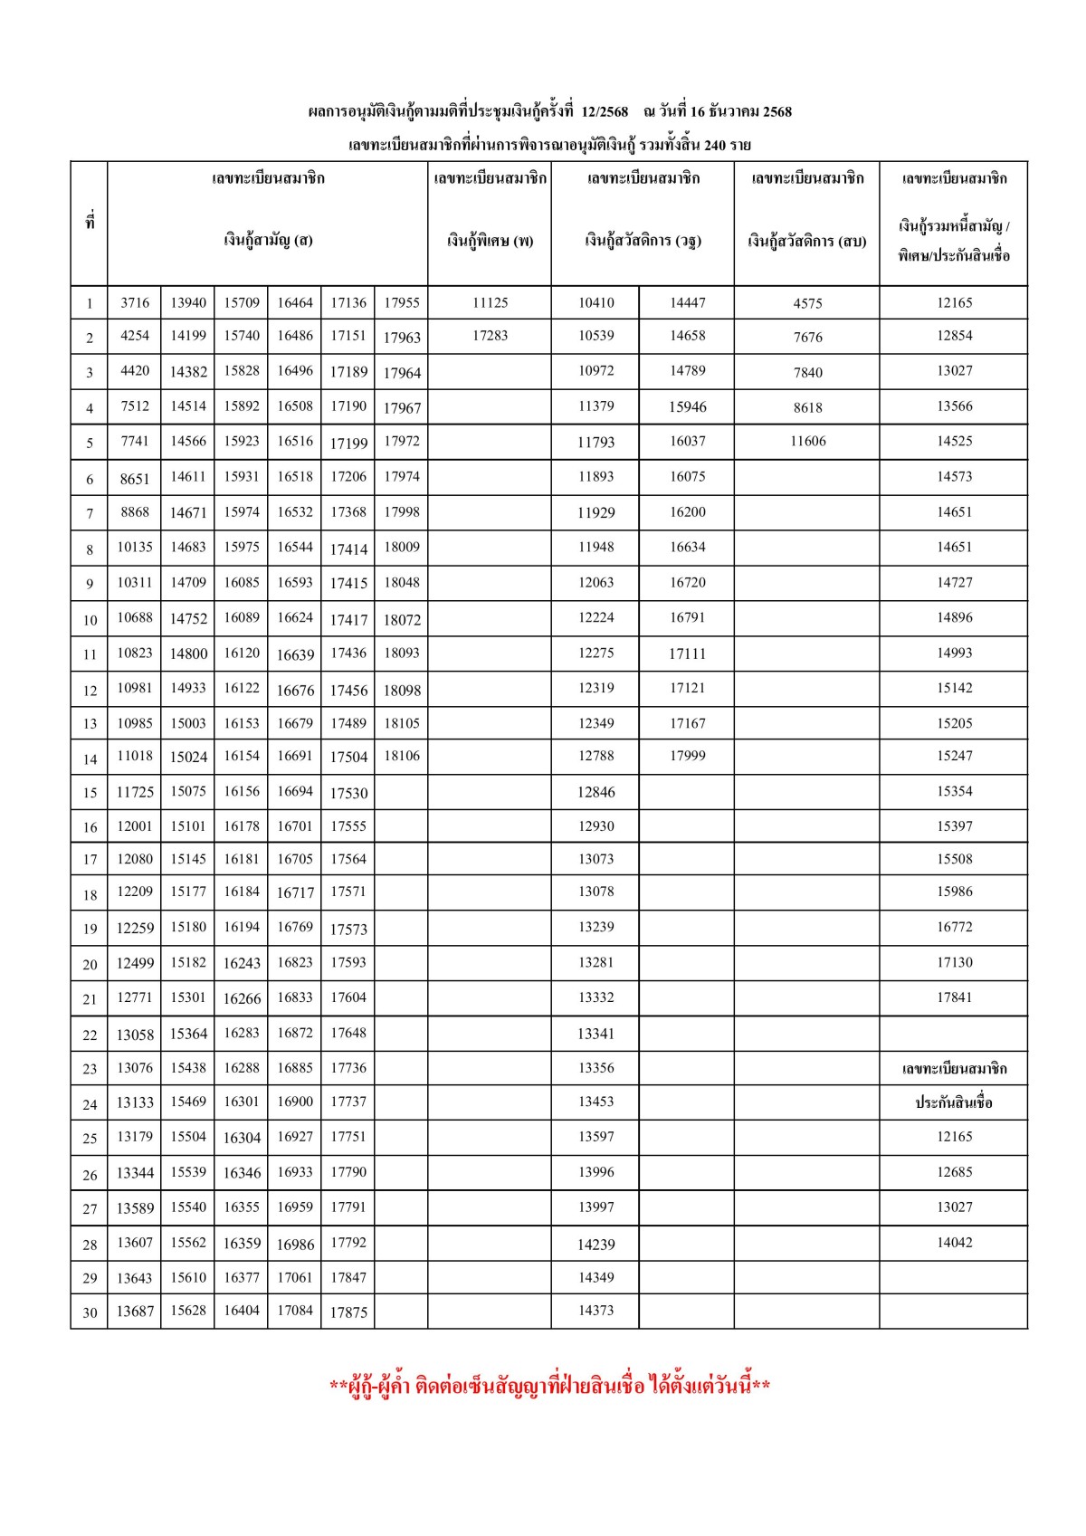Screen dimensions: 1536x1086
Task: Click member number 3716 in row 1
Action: click(135, 302)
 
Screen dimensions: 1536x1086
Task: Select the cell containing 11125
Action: click(490, 302)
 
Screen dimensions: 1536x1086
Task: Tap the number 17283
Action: click(490, 336)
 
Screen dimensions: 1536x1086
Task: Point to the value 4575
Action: click(807, 303)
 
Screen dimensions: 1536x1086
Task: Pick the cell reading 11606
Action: click(807, 442)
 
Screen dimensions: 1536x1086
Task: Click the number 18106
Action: click(402, 756)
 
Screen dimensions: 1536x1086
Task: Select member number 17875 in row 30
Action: click(348, 1312)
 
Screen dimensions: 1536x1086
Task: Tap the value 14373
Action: click(595, 1310)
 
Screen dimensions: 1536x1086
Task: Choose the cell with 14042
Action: click(954, 1243)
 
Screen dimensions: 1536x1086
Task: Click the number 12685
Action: click(954, 1172)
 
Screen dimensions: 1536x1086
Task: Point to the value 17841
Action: click(954, 997)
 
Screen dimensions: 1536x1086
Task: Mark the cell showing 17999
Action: click(687, 756)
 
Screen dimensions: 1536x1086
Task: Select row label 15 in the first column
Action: click(90, 793)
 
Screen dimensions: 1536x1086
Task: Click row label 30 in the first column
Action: click(90, 1312)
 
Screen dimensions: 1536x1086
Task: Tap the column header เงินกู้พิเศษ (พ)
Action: click(490, 241)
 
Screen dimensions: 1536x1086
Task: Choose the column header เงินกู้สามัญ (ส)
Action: click(268, 241)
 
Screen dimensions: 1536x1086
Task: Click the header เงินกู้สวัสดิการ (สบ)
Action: click(806, 242)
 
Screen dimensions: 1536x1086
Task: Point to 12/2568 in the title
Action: click(605, 111)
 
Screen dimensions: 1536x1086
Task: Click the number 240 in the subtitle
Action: click(714, 145)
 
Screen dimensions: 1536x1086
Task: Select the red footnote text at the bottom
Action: click(549, 1386)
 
